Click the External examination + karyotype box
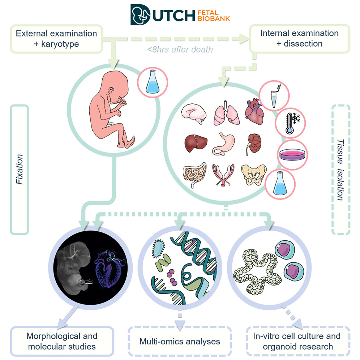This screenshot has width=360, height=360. (56, 38)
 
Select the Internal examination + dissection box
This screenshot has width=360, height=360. (299, 38)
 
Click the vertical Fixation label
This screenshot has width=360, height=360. (20, 170)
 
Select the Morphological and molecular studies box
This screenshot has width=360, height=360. (62, 341)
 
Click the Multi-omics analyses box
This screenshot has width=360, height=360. (180, 341)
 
